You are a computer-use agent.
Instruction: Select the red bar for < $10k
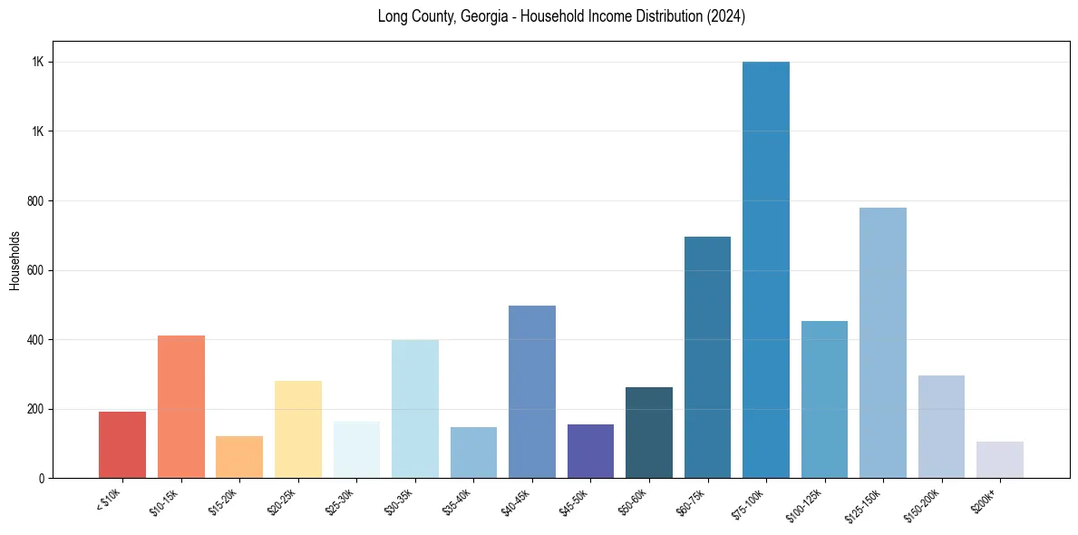coord(122,444)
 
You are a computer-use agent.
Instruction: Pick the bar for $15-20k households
coord(239,457)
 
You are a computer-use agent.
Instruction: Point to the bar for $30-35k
coord(415,409)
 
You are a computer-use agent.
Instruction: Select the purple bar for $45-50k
coord(590,451)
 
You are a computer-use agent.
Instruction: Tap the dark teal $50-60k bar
coord(649,433)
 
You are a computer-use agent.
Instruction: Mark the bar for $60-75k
coord(707,357)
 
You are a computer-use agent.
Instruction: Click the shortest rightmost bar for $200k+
coord(1000,460)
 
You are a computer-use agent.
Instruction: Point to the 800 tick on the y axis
coord(35,200)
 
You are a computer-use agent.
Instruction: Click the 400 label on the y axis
coord(35,339)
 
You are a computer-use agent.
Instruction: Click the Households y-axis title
coord(15,260)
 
